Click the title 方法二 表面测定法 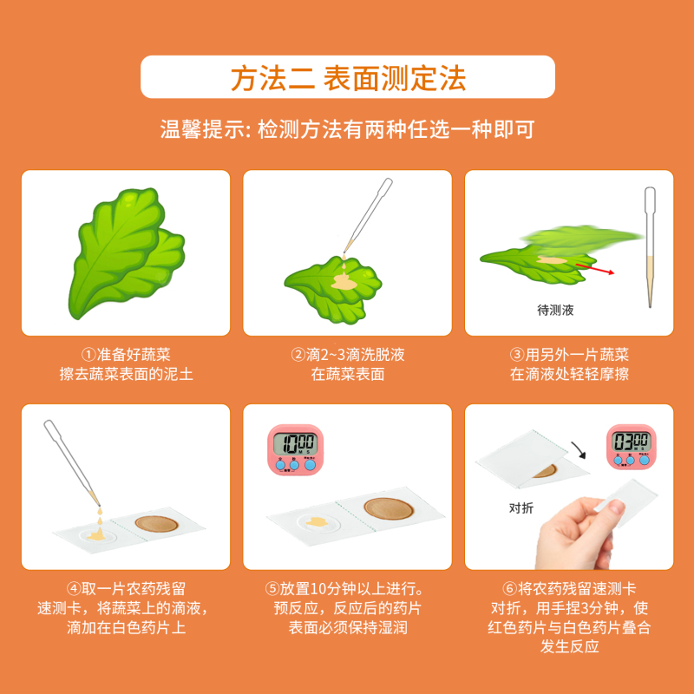tap(347, 77)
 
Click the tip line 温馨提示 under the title tap(347, 130)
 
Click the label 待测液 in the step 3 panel tap(555, 309)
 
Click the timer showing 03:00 tap(628, 447)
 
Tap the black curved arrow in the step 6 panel tap(579, 450)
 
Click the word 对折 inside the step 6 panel tap(521, 508)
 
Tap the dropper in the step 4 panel tap(74, 460)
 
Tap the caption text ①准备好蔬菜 tap(126, 355)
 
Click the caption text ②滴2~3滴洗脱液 tap(347, 355)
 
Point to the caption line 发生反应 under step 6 tap(570, 647)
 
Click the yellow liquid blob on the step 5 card tap(316, 522)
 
